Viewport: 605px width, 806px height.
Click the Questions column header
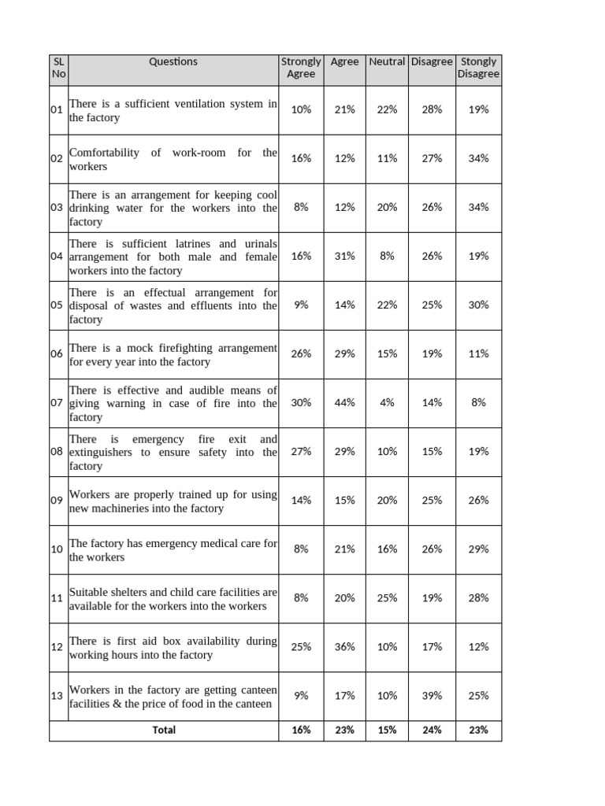click(x=173, y=61)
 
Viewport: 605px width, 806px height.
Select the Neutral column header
click(x=387, y=61)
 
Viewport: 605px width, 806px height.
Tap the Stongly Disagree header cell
click(x=478, y=68)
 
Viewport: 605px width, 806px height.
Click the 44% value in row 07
click(x=345, y=402)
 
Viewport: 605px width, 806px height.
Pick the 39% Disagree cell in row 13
click(x=432, y=695)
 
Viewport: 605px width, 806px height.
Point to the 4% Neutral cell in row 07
click(x=387, y=402)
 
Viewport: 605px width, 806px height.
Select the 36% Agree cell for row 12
click(x=345, y=646)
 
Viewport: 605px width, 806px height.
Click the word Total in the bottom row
click(x=164, y=730)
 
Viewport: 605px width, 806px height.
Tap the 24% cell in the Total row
click(x=432, y=730)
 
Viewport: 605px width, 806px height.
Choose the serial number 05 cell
click(x=57, y=305)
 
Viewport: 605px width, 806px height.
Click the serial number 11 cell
click(x=57, y=597)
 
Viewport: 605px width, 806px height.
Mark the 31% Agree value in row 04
click(x=345, y=256)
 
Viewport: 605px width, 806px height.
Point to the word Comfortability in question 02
click(x=104, y=153)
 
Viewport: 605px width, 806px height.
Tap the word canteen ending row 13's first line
click(x=257, y=690)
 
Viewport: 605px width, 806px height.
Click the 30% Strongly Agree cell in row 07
click(x=301, y=402)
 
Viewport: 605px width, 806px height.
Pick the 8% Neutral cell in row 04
click(x=387, y=256)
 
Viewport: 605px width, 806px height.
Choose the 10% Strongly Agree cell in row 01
click(x=301, y=109)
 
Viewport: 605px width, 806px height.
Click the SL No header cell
click(x=59, y=68)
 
